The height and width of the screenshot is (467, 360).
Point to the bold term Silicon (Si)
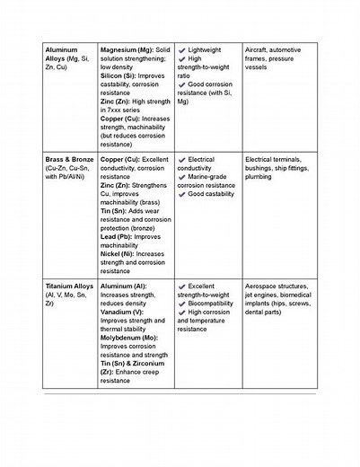120,75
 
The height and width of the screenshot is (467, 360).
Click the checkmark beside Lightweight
181,49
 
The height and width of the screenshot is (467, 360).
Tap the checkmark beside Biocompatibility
181,303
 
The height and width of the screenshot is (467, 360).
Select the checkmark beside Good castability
181,194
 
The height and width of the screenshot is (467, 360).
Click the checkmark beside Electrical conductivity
181,160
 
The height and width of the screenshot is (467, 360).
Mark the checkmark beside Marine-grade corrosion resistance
181,177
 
